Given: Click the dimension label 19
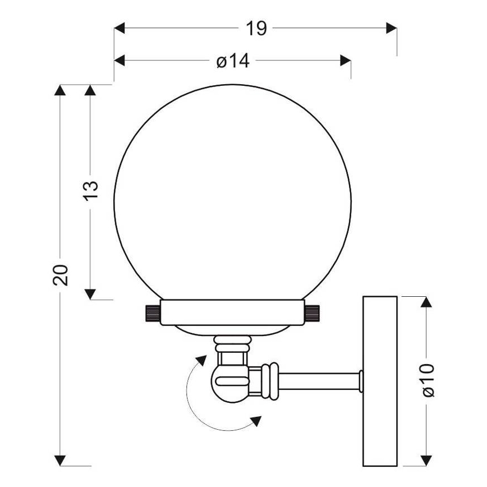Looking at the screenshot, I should tap(256, 28).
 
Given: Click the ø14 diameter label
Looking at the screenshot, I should tap(233, 61).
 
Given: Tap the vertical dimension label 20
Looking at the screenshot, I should tap(62, 275).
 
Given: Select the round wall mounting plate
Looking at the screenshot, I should tap(380, 380).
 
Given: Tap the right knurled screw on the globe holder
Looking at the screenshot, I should tap(314, 313).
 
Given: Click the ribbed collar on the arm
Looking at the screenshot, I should tap(270, 380).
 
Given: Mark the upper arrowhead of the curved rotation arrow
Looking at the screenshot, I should tap(199, 360).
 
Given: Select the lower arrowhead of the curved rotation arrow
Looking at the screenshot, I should tap(256, 421).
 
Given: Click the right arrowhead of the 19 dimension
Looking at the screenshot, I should tap(392, 28).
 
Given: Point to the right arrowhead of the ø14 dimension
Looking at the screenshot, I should tap(346, 61).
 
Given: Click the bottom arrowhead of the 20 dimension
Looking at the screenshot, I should tap(62, 460).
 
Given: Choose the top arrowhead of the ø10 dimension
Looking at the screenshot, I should tap(426, 302).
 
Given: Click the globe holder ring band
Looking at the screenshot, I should tap(232, 313).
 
